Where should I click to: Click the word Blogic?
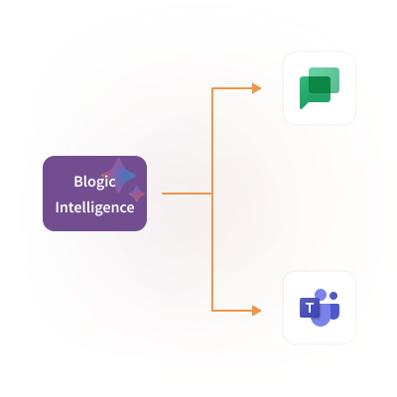tap(94, 182)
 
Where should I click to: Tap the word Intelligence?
tap(94, 207)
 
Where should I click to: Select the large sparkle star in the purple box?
tap(118, 175)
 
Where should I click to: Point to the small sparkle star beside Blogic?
tap(137, 194)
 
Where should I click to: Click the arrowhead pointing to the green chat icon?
tap(257, 88)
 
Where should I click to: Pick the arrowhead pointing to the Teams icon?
tap(257, 311)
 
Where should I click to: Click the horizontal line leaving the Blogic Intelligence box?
tap(187, 194)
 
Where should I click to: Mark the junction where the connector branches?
tap(212, 194)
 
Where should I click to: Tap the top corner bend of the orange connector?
tap(212, 88)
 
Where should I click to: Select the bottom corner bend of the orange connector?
tap(212, 311)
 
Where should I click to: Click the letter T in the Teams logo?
tap(310, 308)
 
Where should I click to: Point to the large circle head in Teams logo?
tap(321, 294)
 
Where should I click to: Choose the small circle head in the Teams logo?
tap(333, 296)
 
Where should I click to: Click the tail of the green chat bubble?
tap(303, 105)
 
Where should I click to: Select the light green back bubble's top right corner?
tap(338, 68)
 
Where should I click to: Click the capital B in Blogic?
tap(77, 182)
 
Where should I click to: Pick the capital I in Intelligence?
tap(57, 207)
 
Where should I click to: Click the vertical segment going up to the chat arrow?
tap(212, 141)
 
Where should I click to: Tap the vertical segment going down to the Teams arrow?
tap(212, 252)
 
